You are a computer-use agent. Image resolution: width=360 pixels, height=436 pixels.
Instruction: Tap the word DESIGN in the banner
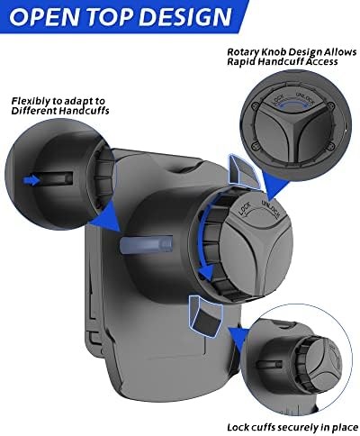(x=186, y=15)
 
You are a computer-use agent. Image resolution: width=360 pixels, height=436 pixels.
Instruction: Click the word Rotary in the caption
(x=242, y=52)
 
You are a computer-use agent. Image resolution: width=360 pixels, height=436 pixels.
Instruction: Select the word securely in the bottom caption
(x=297, y=427)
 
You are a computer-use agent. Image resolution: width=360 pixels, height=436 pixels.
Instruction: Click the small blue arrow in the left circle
(x=31, y=180)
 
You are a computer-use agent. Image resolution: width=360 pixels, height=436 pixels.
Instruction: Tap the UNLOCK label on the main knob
(x=271, y=208)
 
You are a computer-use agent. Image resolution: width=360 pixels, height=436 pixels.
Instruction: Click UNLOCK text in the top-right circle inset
(x=305, y=99)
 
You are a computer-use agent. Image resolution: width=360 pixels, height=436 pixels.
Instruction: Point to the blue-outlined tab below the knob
(x=205, y=316)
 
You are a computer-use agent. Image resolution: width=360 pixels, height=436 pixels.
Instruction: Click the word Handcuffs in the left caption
(x=84, y=111)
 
